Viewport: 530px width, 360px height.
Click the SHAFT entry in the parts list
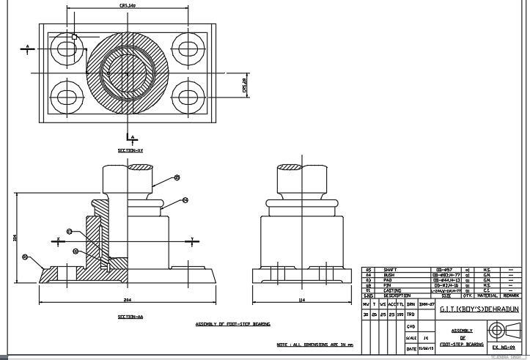(x=391, y=271)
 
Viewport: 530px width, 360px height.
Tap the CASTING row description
(x=394, y=290)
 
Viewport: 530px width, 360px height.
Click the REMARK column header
(x=510, y=295)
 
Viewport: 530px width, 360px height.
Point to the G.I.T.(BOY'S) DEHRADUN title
(x=479, y=310)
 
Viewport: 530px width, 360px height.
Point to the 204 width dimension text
(x=127, y=301)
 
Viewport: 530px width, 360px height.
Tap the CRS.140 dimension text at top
(x=128, y=6)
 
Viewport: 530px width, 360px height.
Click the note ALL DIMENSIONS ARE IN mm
(x=314, y=344)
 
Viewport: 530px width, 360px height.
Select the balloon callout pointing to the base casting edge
(x=26, y=257)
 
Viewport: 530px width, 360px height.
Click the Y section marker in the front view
(x=191, y=240)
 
